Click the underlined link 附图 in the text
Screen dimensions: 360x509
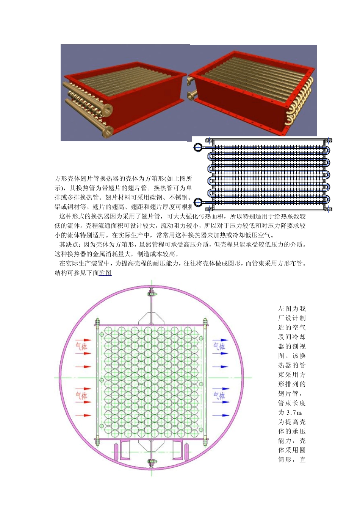coord(105,273)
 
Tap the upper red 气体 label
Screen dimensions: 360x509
coord(81,346)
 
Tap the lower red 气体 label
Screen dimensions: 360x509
coord(81,396)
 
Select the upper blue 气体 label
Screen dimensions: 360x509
coord(219,346)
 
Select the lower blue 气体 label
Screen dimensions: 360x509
coord(219,396)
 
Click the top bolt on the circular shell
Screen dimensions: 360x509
coord(152,293)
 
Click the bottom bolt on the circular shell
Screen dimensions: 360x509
coord(152,462)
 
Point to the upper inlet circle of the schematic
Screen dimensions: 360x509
coord(198,147)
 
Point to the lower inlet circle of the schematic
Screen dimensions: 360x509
coord(198,202)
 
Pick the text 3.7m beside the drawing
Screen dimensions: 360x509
coord(294,412)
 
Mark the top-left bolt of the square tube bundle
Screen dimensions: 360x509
coord(97,323)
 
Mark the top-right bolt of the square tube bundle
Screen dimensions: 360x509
coord(205,323)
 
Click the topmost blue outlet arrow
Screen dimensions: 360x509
coord(220,340)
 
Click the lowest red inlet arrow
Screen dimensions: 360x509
coord(83,415)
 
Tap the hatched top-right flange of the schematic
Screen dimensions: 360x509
coord(329,141)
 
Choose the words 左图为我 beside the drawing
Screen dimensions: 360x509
coord(292,309)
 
